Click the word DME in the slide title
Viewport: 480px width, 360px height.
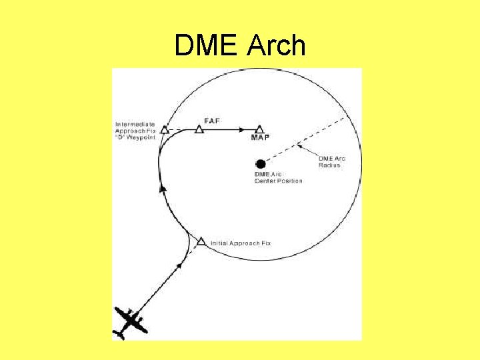[207, 46]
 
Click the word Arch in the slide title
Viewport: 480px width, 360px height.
[277, 46]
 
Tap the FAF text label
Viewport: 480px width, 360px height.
[211, 120]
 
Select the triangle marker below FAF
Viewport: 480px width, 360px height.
[199, 129]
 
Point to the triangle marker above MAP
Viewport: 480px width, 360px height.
[259, 128]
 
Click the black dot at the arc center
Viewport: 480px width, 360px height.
[261, 164]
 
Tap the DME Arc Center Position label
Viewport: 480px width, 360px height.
[278, 178]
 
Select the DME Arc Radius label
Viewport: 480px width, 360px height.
[330, 161]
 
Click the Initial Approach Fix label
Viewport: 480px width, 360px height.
[240, 243]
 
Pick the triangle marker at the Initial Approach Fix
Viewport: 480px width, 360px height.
[201, 241]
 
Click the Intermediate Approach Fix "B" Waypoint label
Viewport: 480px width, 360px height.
[135, 130]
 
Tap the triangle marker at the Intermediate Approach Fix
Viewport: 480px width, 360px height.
[164, 129]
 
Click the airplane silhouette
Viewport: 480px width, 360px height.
[130, 323]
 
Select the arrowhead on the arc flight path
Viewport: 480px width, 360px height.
[161, 189]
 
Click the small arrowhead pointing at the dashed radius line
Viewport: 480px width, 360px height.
[299, 145]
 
